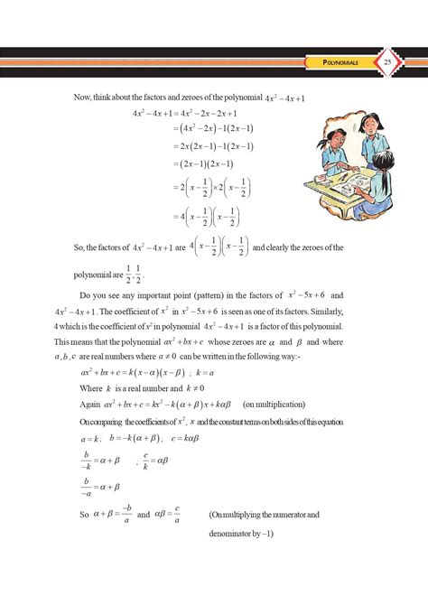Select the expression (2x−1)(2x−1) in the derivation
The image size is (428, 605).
click(x=201, y=164)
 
